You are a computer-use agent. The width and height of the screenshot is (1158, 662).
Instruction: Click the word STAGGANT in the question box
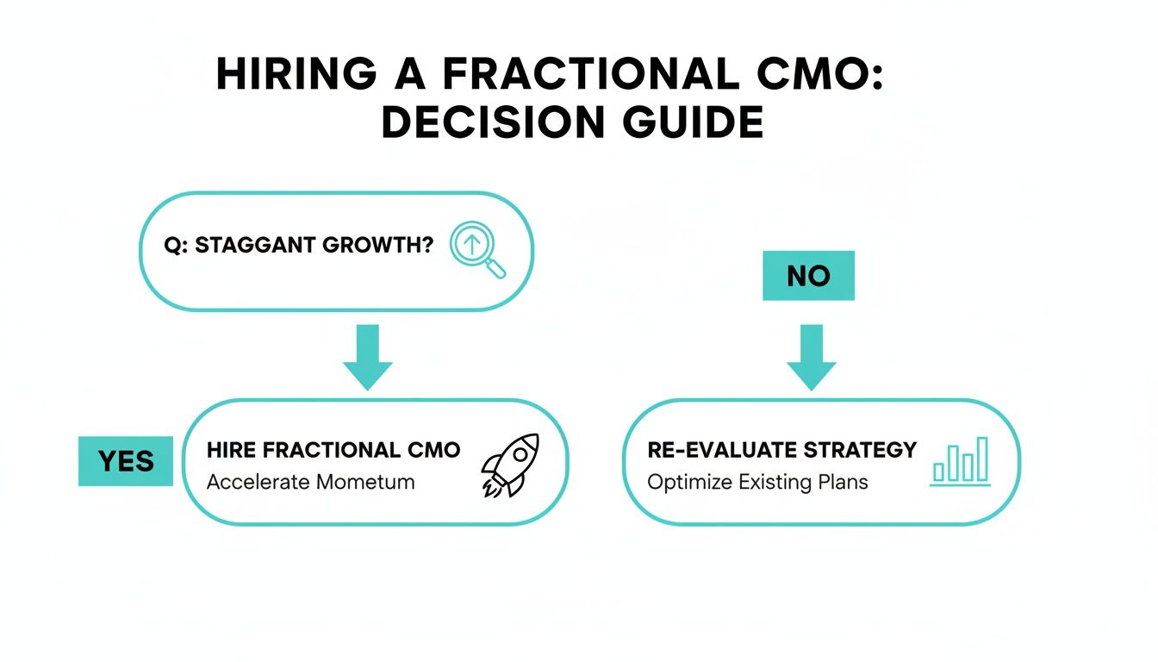pos(248,245)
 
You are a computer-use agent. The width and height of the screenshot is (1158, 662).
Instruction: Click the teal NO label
pos(808,276)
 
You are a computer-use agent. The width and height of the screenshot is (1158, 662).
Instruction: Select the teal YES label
pos(126,461)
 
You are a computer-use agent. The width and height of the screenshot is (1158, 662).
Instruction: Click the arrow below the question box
pos(368,357)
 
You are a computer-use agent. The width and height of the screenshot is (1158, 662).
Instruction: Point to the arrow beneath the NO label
pos(811,357)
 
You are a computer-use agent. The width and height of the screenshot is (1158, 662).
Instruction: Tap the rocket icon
pos(510,465)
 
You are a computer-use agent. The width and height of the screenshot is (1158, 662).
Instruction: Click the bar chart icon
pos(961,461)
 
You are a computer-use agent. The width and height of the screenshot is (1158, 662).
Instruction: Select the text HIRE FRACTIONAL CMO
pos(333,450)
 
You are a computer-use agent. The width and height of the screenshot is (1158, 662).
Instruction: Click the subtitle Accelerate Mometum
pos(310,481)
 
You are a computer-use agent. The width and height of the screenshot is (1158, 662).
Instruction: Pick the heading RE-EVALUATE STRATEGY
pos(781,450)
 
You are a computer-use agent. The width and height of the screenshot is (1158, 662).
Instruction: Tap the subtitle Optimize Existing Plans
pos(757,481)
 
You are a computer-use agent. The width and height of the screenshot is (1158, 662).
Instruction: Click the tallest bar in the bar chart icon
pos(982,459)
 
